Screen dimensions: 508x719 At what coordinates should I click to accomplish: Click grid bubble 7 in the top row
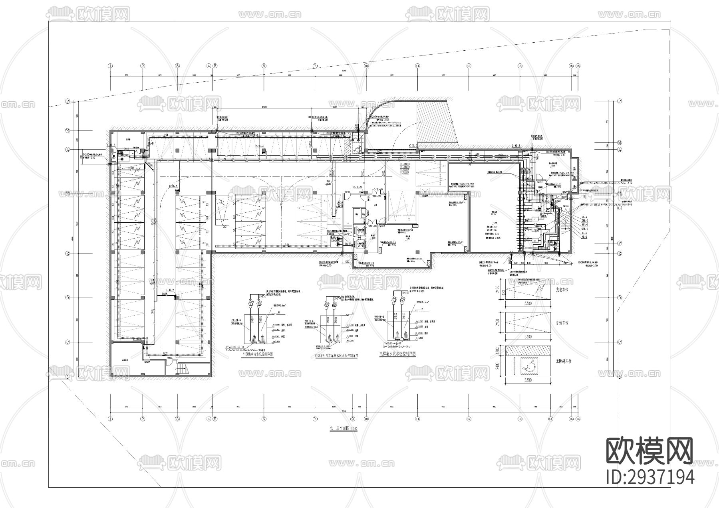315,66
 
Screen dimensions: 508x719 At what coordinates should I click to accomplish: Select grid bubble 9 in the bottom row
352,419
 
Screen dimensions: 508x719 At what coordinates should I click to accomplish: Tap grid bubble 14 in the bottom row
550,419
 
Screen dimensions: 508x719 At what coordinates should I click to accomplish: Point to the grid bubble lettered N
68,130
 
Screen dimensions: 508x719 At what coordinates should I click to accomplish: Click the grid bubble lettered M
620,142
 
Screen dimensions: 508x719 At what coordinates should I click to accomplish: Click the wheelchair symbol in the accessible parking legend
527,364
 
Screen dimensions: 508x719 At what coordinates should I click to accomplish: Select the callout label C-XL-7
171,291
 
